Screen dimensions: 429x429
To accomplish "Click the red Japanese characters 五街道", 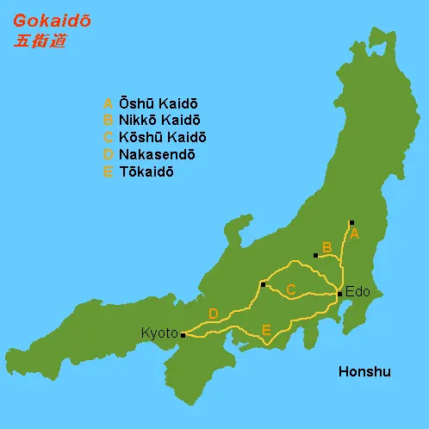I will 40,41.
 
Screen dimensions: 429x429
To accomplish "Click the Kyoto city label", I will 160,333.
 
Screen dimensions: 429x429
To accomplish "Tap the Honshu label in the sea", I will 364,372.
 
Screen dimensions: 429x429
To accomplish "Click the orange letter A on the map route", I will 354,233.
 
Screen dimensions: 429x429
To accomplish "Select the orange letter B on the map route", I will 326,247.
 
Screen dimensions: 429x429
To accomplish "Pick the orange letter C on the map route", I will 291,290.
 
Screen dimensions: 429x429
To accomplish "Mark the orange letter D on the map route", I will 213,314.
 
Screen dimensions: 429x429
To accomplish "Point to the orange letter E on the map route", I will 266,330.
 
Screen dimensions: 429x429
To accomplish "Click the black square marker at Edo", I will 340,295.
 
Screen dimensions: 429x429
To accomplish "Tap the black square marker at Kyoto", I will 183,335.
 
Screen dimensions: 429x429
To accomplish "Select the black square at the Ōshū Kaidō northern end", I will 351,222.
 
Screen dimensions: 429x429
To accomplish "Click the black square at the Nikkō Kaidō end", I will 316,255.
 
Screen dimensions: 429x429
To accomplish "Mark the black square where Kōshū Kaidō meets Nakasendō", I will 263,283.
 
